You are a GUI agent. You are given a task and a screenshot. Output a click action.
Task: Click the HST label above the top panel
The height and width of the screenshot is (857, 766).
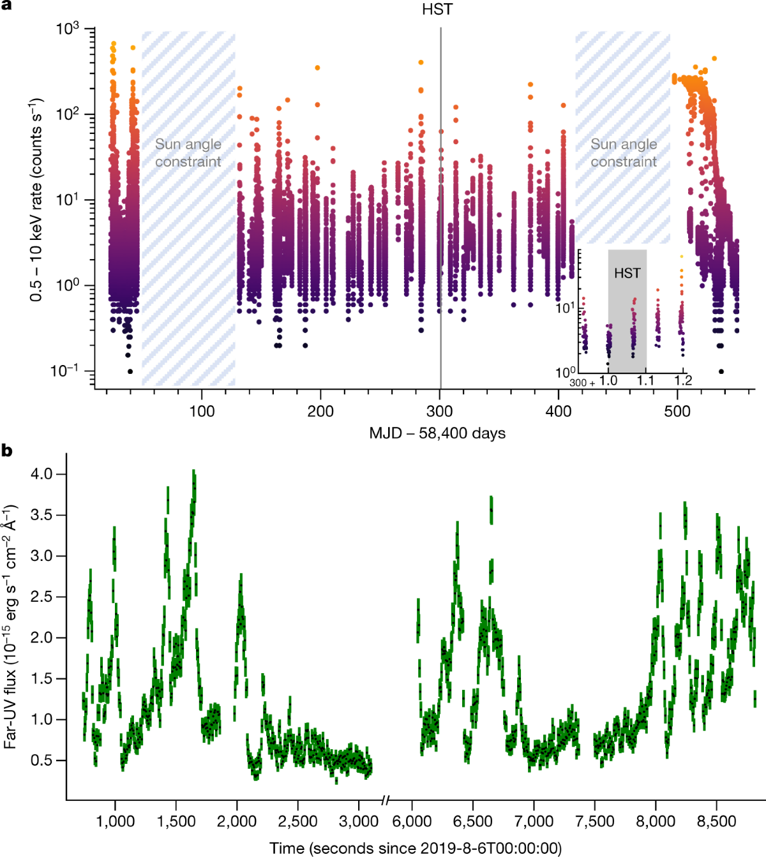click(437, 10)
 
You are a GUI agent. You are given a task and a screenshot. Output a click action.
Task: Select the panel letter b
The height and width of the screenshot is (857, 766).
click(7, 451)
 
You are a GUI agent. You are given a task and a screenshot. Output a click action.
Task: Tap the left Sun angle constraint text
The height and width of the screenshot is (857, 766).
click(188, 153)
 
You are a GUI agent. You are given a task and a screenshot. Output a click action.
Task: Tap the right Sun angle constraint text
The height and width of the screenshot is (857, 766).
click(623, 153)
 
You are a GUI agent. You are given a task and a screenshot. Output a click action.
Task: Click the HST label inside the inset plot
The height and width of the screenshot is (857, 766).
click(627, 273)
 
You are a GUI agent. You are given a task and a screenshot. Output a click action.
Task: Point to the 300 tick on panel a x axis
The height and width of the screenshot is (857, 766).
click(440, 412)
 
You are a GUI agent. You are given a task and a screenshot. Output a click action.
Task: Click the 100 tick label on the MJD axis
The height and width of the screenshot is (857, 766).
click(202, 412)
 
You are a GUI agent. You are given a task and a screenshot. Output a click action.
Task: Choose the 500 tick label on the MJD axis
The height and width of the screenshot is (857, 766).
click(677, 412)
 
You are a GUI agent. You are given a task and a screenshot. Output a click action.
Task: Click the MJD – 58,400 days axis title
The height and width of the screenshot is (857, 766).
click(437, 433)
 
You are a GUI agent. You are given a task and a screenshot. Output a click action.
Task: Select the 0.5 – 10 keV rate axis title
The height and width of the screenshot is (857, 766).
click(36, 200)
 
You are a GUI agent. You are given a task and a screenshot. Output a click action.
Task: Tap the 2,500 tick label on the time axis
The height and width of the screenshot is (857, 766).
click(297, 821)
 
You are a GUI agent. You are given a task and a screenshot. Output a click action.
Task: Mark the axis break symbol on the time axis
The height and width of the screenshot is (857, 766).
click(385, 800)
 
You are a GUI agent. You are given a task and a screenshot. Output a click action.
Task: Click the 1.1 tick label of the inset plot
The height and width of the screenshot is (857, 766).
click(645, 381)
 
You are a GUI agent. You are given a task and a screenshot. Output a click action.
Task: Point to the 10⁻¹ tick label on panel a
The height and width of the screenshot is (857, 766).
click(64, 370)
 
